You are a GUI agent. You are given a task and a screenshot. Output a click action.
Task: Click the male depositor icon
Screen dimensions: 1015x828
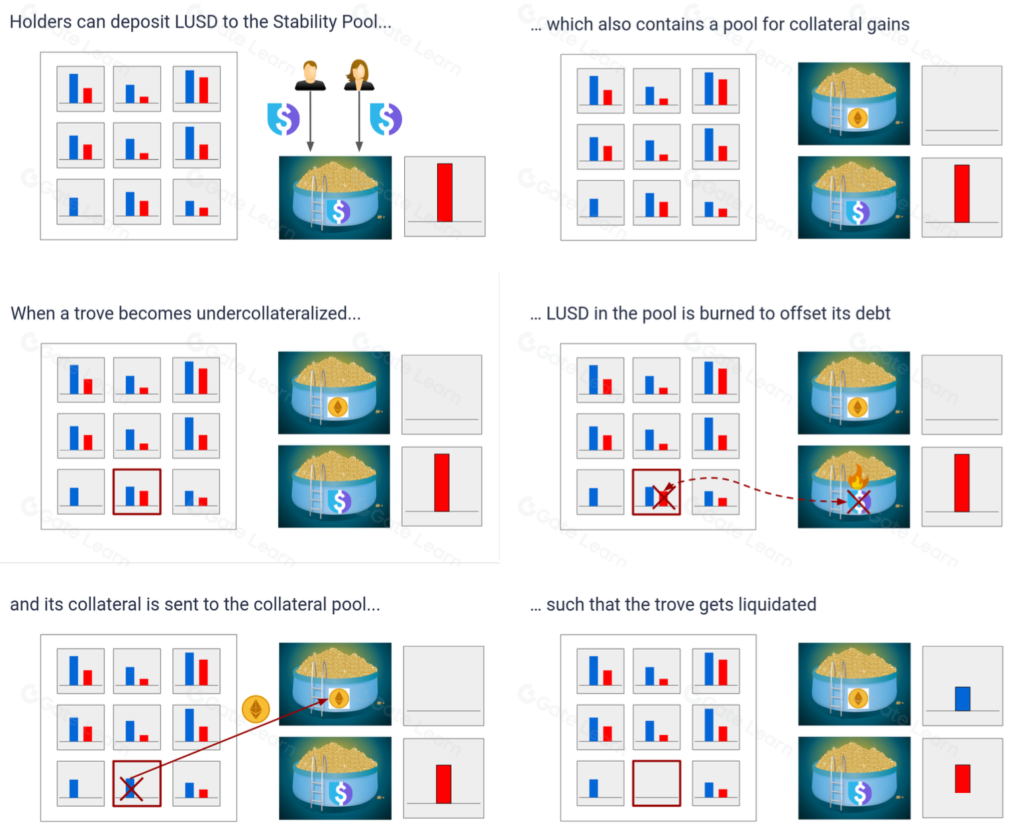pos(310,75)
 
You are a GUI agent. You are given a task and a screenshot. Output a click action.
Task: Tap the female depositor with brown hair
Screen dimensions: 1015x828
pos(359,75)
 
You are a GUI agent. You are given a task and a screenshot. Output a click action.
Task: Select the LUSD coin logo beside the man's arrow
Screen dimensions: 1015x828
pos(283,119)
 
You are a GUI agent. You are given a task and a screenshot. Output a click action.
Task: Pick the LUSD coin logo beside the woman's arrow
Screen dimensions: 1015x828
pos(386,119)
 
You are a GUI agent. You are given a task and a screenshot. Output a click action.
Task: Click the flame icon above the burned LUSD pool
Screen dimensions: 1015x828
pos(858,476)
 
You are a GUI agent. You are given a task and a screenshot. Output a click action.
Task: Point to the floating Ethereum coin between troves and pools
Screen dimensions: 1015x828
pos(256,709)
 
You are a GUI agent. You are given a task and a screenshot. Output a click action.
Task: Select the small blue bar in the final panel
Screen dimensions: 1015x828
pos(962,699)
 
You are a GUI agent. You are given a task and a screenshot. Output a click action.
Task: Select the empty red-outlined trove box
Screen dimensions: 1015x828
pos(656,783)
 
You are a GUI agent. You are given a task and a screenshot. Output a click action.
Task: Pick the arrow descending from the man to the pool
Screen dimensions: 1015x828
pos(311,121)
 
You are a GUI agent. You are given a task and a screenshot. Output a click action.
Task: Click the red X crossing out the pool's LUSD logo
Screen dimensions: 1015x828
pos(858,502)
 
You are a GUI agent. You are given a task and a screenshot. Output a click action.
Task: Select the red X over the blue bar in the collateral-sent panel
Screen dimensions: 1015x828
pos(131,790)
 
